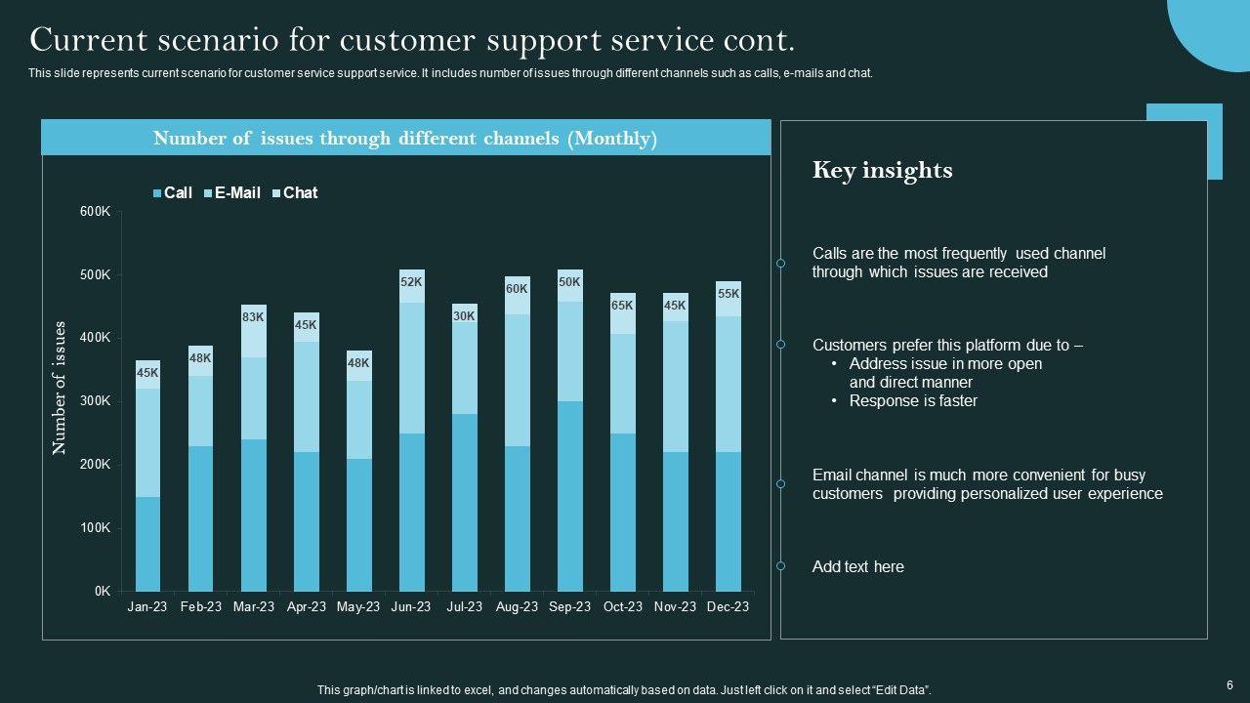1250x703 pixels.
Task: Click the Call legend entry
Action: point(173,193)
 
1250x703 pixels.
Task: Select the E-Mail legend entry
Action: point(232,193)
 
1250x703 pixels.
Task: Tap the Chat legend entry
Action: point(295,193)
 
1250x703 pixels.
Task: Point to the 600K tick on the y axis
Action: point(96,212)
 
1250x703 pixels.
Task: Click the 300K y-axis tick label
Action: point(96,401)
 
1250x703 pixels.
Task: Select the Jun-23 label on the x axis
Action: point(411,606)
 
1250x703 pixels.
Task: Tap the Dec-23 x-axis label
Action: point(728,606)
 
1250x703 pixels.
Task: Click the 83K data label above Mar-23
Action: point(254,317)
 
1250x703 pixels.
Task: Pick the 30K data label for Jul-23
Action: point(464,316)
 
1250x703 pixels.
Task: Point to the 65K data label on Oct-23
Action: point(622,306)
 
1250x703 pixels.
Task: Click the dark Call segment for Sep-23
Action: point(569,496)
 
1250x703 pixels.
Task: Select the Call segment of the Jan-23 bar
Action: point(147,544)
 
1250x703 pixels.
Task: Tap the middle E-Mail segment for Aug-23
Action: point(517,381)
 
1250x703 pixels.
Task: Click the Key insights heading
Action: point(882,171)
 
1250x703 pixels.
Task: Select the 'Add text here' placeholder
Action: point(857,567)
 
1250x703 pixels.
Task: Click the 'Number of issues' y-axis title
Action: point(60,388)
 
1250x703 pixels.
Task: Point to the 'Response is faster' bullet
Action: point(913,401)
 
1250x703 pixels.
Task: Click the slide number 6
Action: point(1229,685)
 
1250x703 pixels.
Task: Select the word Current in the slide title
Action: point(86,40)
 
